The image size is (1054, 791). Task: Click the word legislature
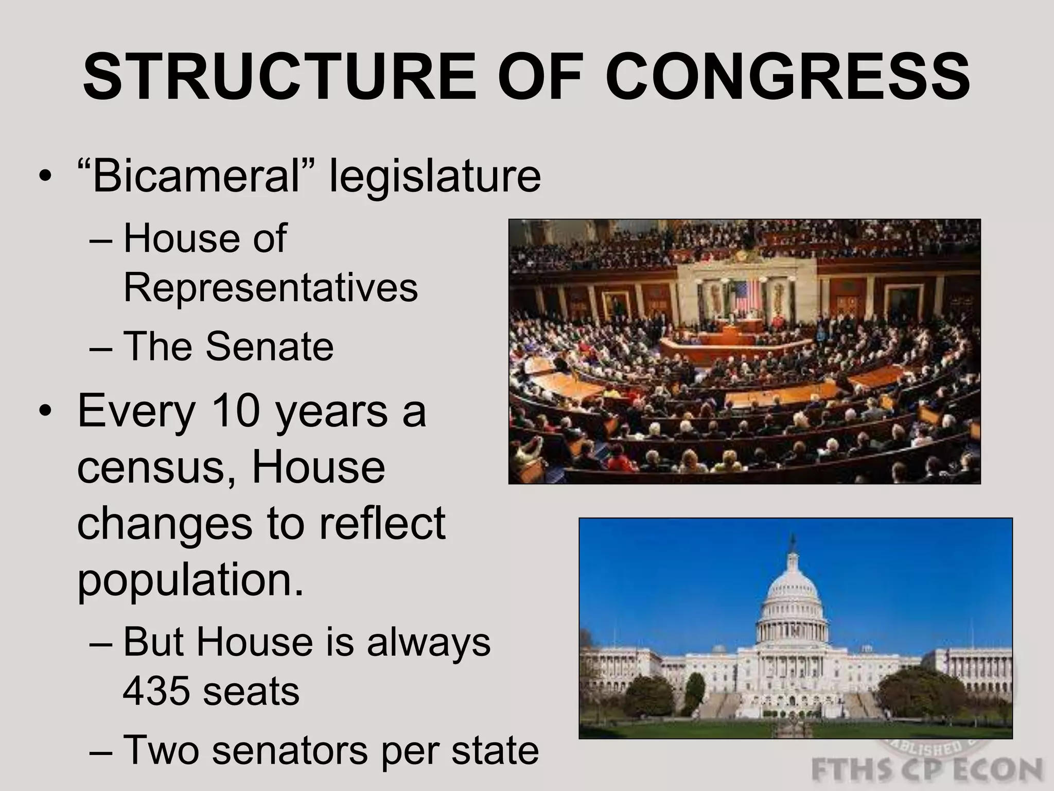click(x=435, y=176)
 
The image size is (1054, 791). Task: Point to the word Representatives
click(x=271, y=287)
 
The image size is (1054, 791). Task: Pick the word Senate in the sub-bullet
click(x=270, y=346)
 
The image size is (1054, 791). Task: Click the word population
click(x=190, y=580)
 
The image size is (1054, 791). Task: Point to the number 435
click(x=155, y=691)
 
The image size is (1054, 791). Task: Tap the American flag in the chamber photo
click(x=746, y=298)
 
